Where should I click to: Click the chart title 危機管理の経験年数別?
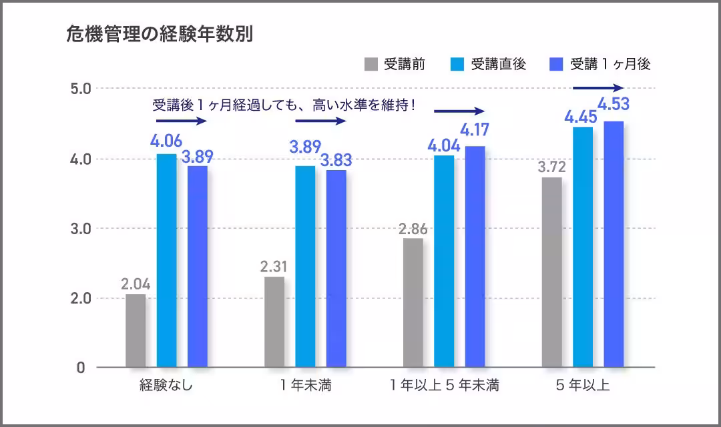tap(159, 35)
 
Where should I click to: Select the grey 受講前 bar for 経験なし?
tap(136, 330)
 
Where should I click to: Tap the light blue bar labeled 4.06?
tap(167, 260)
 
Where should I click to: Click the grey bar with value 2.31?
tap(274, 322)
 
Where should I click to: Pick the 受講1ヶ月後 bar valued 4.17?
tap(475, 256)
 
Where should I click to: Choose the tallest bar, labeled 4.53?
tap(614, 244)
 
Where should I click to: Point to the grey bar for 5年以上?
tap(551, 272)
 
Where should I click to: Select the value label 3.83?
tap(336, 161)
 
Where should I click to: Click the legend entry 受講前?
tap(395, 65)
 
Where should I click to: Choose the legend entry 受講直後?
tap(489, 65)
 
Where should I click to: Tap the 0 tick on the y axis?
tap(81, 368)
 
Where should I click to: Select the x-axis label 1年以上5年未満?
tap(445, 386)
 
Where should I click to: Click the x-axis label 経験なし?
tap(166, 386)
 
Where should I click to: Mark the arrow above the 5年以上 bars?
tap(598, 88)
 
